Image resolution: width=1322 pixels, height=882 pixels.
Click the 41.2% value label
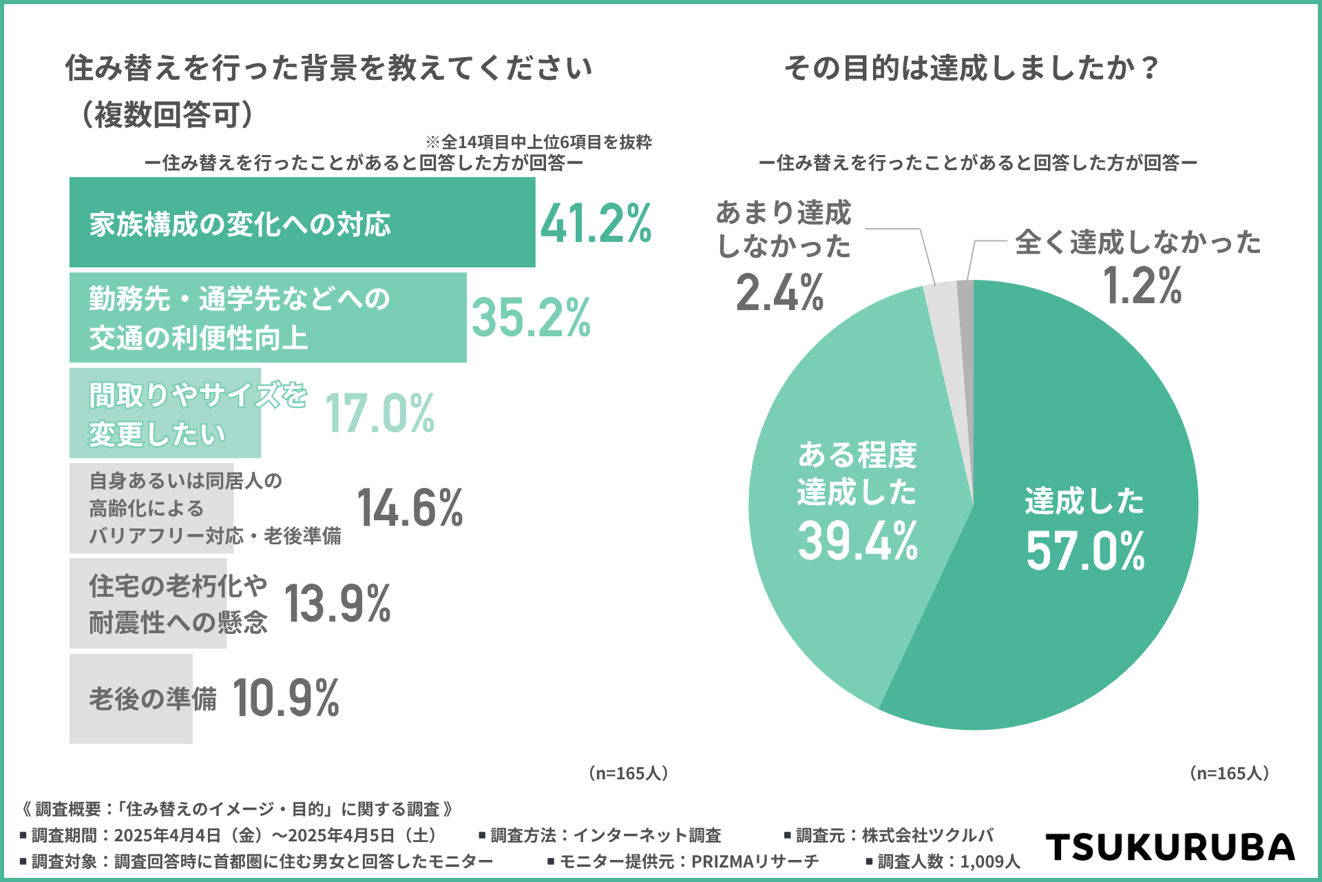596,224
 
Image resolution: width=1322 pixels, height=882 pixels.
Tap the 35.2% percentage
531,318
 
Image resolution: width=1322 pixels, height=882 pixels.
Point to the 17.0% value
379,413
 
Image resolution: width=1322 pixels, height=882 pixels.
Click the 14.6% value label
410,508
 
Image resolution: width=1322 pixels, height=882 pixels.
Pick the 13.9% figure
337,604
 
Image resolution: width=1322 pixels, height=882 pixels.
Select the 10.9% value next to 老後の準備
286,698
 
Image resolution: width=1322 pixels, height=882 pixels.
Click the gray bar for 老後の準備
131,698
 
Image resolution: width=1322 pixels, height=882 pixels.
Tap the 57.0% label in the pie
1084,551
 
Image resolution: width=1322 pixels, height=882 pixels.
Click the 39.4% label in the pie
857,541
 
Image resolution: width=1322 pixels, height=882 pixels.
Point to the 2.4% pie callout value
779,293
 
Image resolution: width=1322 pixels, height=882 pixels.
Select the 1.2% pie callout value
1142,285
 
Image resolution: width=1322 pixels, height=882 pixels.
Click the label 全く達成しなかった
1137,243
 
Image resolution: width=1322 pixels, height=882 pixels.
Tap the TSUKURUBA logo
1170,847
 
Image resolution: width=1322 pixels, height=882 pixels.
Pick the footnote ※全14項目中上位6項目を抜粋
538,142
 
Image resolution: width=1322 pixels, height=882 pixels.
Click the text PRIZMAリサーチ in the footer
755,861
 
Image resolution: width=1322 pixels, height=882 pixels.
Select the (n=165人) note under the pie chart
1229,773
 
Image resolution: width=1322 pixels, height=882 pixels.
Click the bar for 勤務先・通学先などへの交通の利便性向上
268,318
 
